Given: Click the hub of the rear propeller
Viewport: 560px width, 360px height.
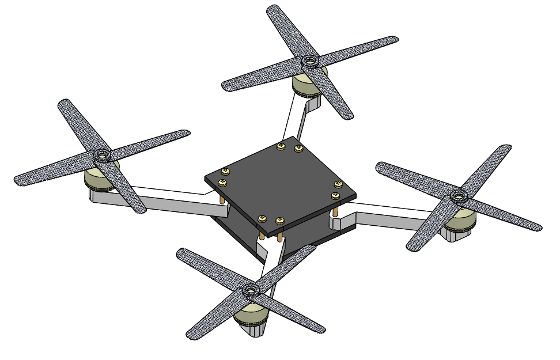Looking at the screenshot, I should [309, 60].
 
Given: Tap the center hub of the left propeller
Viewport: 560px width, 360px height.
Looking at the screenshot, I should [102, 156].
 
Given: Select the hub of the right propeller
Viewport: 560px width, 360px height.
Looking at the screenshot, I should [458, 196].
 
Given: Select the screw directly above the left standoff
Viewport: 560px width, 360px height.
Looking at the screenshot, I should [222, 183].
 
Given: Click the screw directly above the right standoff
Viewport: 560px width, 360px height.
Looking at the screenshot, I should [334, 196].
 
